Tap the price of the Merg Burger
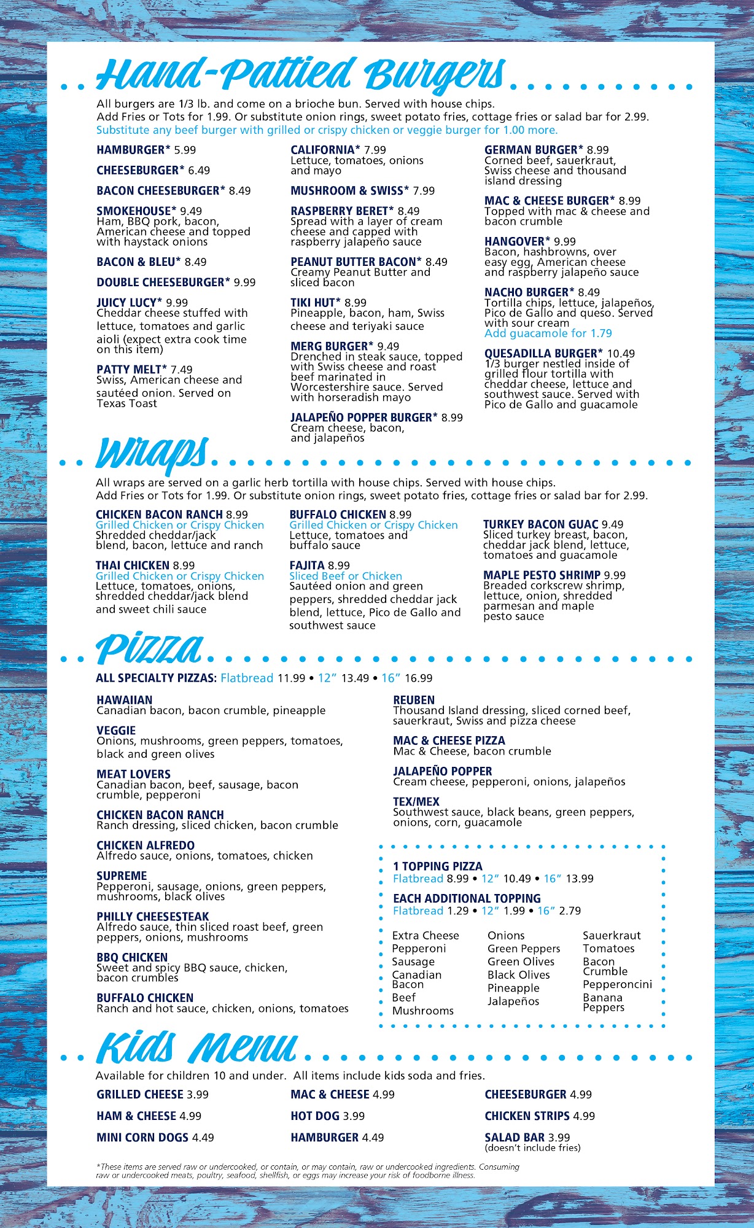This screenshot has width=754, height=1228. point(388,346)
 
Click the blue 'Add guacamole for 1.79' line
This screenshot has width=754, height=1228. point(548,333)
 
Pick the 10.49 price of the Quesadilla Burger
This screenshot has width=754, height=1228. point(621,354)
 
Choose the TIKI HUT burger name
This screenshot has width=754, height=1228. point(315,303)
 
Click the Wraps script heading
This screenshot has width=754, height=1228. point(152,453)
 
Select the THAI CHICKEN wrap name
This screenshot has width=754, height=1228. point(132,565)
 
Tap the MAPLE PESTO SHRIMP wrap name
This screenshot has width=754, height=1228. point(542,575)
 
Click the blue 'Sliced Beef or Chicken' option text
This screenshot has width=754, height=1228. point(346,576)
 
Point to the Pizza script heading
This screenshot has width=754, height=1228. point(149,649)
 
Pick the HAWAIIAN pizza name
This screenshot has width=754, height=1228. point(124,700)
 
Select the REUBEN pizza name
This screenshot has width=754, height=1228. point(414,700)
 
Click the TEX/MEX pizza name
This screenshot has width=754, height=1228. point(416,802)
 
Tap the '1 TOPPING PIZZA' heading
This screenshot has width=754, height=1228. point(438,866)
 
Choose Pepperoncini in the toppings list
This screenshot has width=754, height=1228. point(617,985)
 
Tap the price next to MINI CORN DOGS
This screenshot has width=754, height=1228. point(203,1137)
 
